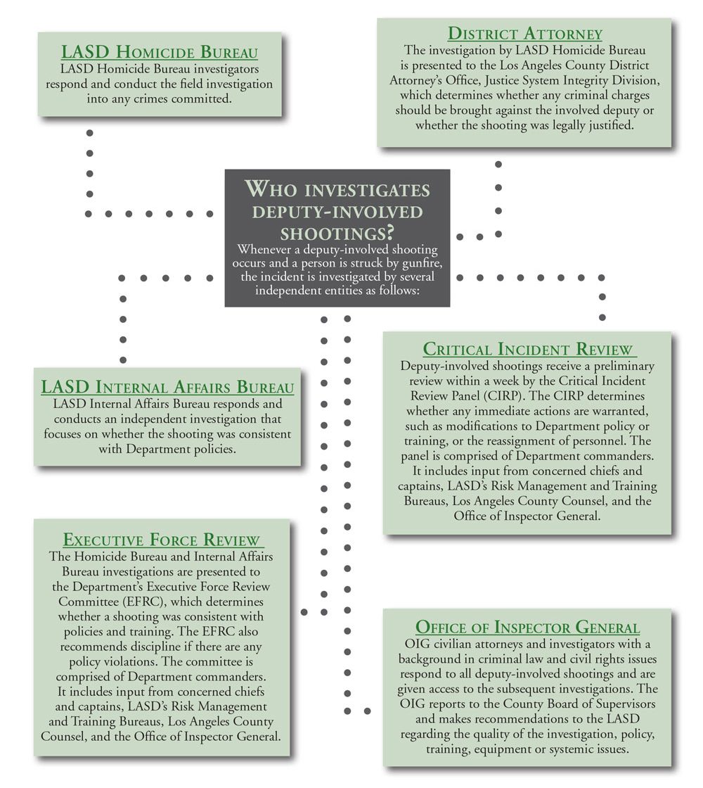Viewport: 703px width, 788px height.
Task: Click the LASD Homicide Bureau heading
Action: [x=160, y=53]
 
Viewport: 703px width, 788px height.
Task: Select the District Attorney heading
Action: [x=525, y=34]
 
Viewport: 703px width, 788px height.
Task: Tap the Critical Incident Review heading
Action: [x=529, y=350]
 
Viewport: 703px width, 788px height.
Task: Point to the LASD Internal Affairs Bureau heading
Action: [x=167, y=388]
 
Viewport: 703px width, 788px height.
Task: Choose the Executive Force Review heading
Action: [x=162, y=540]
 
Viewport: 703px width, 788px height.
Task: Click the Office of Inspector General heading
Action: [x=527, y=628]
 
